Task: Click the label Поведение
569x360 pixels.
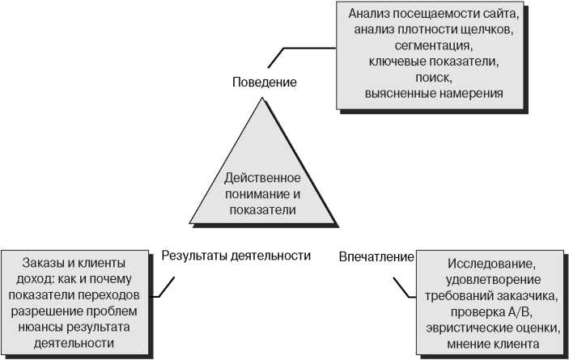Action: (x=264, y=82)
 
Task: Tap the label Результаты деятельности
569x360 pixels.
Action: (x=236, y=256)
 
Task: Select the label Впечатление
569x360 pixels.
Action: (x=376, y=256)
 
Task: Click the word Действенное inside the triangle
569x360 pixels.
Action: (x=262, y=177)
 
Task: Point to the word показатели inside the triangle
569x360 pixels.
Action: (x=261, y=209)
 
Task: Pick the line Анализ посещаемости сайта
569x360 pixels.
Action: (x=433, y=15)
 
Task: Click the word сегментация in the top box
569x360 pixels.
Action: (x=433, y=46)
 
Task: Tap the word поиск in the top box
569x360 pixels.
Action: (x=433, y=78)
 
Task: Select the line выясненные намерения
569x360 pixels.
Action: (x=433, y=94)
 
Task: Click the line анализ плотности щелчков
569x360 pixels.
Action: (x=433, y=30)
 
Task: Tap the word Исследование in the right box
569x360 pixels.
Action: (x=490, y=264)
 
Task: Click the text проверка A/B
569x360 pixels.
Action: (x=490, y=311)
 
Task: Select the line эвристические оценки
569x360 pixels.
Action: (x=490, y=327)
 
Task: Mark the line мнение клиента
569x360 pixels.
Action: (x=490, y=343)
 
